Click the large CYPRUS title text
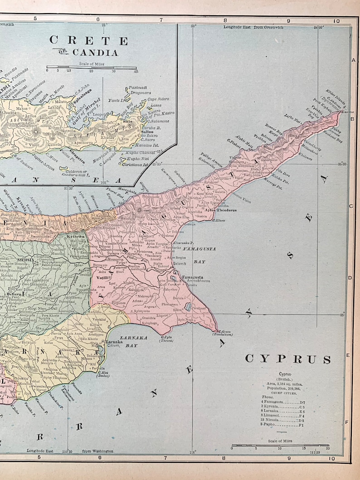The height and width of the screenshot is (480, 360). [x=288, y=359]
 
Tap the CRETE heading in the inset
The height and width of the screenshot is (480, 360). [x=82, y=40]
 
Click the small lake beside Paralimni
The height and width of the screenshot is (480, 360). [x=188, y=307]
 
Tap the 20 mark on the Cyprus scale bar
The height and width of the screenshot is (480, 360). [x=328, y=448]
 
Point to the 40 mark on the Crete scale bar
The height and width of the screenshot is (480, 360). [x=135, y=71]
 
